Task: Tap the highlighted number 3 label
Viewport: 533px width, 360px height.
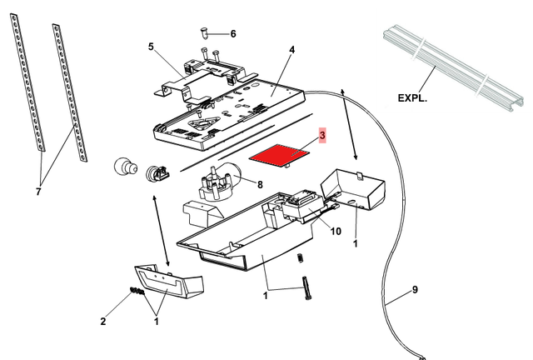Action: point(323,134)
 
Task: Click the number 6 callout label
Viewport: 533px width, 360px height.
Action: point(232,33)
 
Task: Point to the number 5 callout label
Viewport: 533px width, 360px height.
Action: point(151,47)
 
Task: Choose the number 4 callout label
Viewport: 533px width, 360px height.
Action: point(291,50)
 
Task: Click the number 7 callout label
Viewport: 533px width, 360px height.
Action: point(38,192)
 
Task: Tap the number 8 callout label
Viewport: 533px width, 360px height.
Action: point(259,184)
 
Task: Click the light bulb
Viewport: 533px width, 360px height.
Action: point(125,167)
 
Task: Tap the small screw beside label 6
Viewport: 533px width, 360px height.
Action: point(203,32)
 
